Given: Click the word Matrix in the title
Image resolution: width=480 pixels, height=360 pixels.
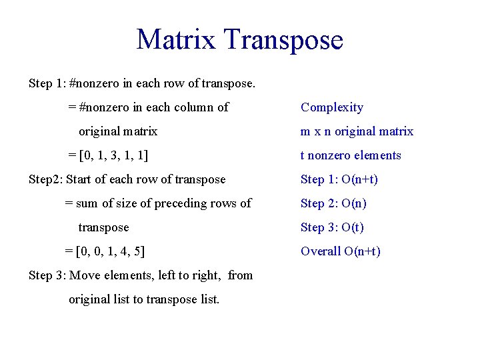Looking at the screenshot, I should tap(176, 39).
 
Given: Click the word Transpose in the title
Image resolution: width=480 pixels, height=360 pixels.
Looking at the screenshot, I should tap(283, 41).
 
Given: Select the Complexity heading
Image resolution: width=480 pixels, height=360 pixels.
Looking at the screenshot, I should tap(332, 107).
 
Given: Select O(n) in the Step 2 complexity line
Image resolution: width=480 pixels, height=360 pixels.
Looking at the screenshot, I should tap(354, 203).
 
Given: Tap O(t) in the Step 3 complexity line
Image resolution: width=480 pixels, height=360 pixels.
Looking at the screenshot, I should tap(353, 227).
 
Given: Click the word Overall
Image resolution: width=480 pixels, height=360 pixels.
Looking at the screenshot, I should tap(321, 251).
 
